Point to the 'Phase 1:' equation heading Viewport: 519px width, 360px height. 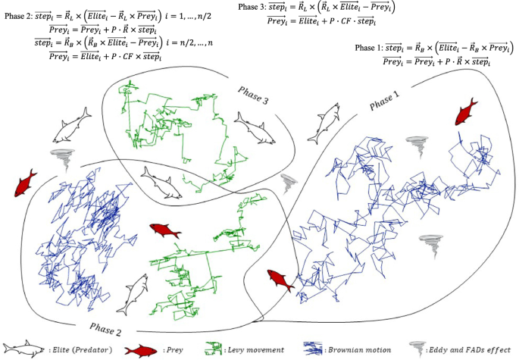point(372,48)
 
